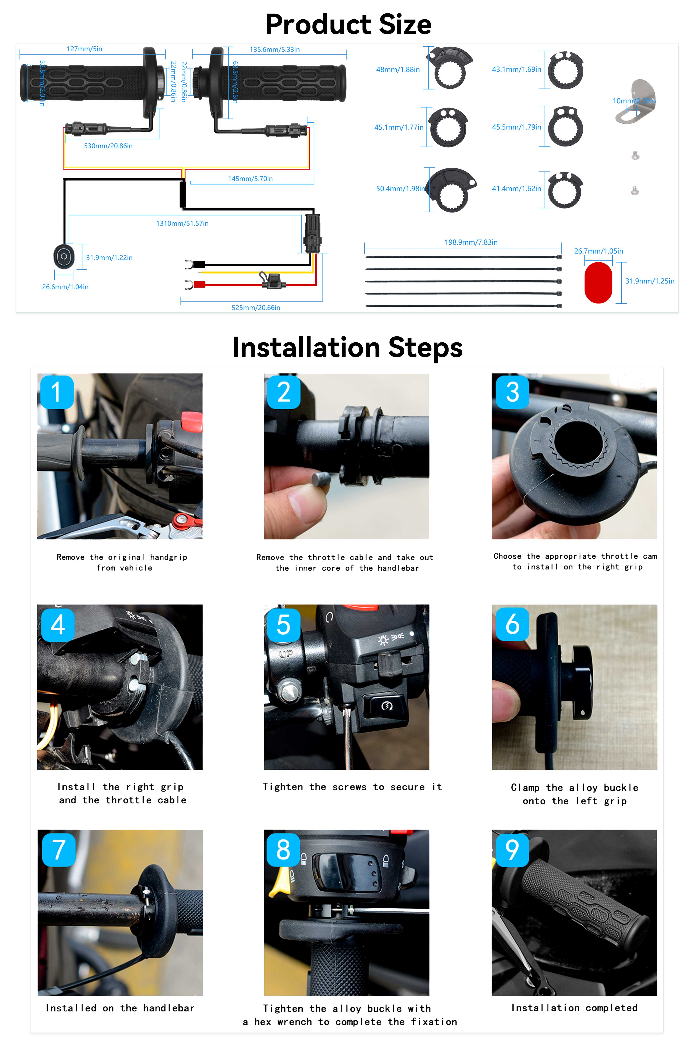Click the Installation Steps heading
(x=348, y=347)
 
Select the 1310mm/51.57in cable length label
(x=182, y=223)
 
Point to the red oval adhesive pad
(x=598, y=283)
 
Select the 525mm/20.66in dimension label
(x=256, y=308)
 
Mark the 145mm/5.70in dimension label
(x=250, y=178)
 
